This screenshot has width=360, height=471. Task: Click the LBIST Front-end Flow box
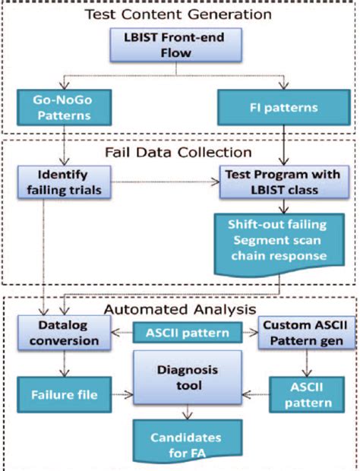pyautogui.click(x=176, y=46)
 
